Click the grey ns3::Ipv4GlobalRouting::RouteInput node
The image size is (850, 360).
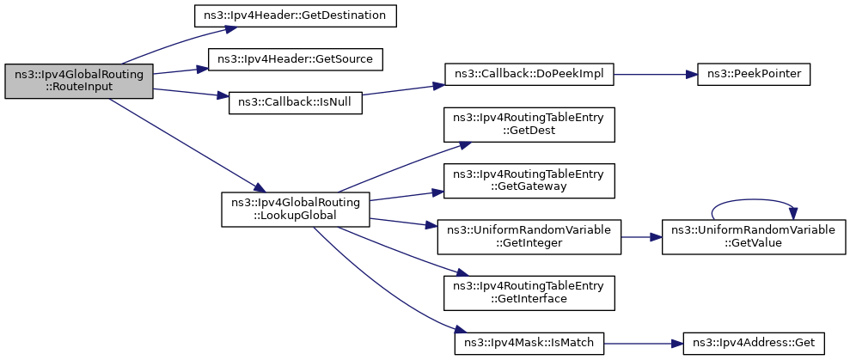[79, 82]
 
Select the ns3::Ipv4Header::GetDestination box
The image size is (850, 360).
[296, 16]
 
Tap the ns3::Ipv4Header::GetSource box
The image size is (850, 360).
[296, 59]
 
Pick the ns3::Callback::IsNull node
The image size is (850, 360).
[296, 102]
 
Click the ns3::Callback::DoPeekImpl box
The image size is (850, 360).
[529, 74]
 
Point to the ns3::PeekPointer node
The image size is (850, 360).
[754, 74]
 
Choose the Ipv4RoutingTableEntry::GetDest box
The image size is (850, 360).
[529, 125]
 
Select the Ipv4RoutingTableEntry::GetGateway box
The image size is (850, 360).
[529, 180]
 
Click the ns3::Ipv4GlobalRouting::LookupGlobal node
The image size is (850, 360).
[296, 210]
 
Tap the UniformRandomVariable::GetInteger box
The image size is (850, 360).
[529, 237]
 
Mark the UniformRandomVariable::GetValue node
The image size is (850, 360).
[754, 237]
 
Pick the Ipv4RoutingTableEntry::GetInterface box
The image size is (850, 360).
[529, 293]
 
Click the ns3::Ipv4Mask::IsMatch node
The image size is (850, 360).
[529, 343]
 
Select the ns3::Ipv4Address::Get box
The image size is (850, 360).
[754, 343]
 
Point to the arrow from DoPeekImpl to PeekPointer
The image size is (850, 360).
[656, 74]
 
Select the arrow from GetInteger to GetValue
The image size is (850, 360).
[641, 237]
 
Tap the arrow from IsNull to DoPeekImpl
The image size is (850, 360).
[403, 90]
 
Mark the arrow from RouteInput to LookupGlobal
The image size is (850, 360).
[187, 144]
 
